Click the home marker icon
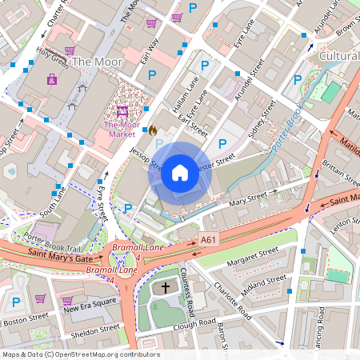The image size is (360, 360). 180,172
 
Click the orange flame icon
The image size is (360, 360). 152,129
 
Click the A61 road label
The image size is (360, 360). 209,239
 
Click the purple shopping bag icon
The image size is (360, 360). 52,79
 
